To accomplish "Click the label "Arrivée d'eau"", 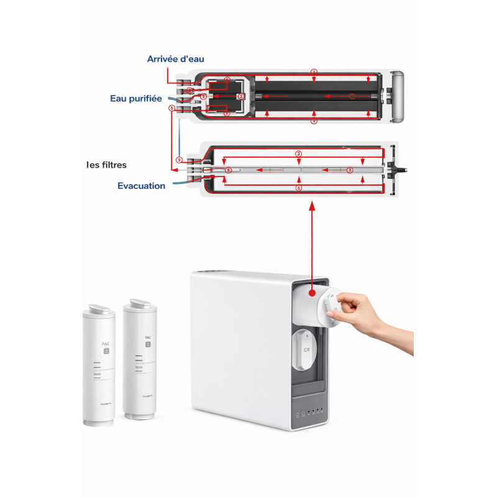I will click(175, 59).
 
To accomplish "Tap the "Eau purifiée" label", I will click(136, 98).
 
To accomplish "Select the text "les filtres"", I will click(106, 165).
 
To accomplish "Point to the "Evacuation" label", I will click(142, 185).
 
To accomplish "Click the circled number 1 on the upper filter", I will click(314, 73).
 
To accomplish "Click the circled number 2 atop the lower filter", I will click(299, 153).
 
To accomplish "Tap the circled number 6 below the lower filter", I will click(299, 188).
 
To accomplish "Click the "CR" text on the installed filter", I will click(306, 350).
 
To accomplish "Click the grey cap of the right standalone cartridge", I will click(140, 304).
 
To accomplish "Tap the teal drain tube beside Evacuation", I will click(179, 181).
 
